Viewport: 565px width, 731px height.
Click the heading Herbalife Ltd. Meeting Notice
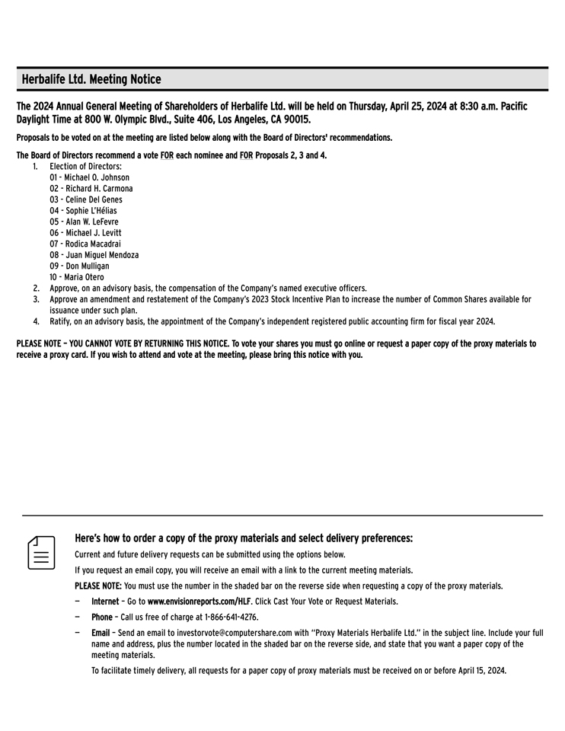point(91,79)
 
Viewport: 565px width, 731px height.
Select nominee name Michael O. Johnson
point(97,177)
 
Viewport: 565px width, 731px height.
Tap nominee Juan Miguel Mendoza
point(102,255)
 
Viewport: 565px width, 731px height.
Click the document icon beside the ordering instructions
point(43,552)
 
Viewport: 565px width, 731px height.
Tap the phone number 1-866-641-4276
point(221,618)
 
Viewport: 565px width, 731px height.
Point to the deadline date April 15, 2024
point(477,671)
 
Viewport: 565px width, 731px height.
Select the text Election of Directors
point(85,166)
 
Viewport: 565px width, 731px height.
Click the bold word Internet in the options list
point(104,602)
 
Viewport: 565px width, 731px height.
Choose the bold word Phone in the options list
point(101,618)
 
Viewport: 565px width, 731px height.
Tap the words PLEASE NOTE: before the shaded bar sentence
point(97,586)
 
